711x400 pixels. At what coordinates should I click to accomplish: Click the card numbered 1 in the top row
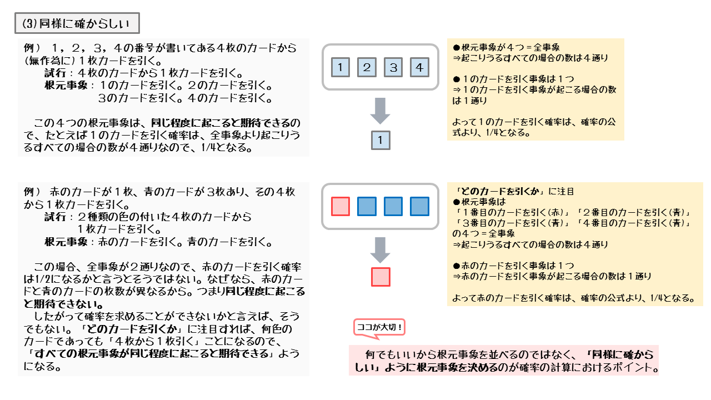340,67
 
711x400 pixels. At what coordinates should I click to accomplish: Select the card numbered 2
367,67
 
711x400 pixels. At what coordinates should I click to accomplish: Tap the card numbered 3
393,67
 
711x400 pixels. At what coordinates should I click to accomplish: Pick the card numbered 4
420,67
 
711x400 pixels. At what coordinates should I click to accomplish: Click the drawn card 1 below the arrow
380,141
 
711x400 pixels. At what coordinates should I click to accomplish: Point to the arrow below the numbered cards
380,111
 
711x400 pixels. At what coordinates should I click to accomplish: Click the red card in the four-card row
340,206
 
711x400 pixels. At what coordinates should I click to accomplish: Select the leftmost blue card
367,206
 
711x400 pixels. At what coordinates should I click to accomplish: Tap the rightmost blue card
420,206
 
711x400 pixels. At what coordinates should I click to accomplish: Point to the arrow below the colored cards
380,249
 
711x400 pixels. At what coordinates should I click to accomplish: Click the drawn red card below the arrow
380,277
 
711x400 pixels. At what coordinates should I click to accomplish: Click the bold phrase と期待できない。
63,304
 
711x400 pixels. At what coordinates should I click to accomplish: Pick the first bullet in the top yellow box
457,48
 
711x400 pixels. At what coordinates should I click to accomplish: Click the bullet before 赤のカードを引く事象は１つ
457,266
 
